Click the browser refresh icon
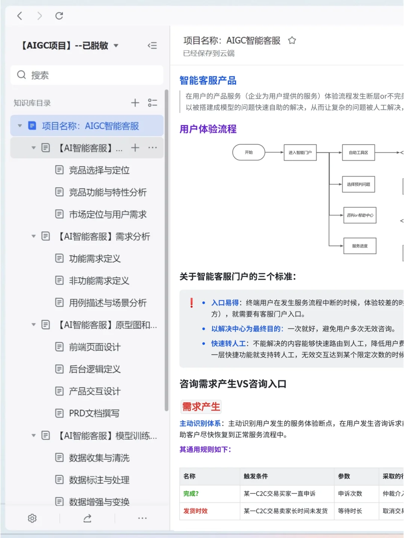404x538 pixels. click(59, 16)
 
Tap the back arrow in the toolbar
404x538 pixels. click(20, 16)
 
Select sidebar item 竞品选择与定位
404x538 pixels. click(99, 170)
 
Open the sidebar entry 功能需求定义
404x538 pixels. click(95, 259)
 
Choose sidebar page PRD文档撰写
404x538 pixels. click(94, 414)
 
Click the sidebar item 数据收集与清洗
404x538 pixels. click(99, 458)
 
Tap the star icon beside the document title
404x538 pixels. click(292, 40)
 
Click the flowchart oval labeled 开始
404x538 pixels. click(249, 153)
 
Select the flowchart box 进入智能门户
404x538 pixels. click(300, 153)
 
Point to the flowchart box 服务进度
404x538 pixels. click(359, 246)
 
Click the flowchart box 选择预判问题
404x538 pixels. click(358, 184)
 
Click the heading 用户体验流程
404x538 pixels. click(208, 129)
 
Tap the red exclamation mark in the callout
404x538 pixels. click(192, 303)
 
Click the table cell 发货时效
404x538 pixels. click(195, 511)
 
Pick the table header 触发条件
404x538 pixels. click(256, 476)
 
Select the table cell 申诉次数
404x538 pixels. click(350, 494)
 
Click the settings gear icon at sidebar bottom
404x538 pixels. click(32, 518)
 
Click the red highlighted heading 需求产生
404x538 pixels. click(201, 407)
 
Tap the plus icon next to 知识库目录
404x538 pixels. click(135, 103)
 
